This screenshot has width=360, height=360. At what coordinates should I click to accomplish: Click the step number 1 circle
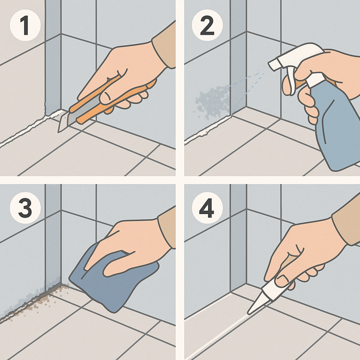(25, 25)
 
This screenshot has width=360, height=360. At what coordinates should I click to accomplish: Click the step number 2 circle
(207, 25)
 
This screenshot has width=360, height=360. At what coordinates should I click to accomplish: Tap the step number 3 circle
(25, 208)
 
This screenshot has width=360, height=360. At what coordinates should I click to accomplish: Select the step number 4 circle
(207, 208)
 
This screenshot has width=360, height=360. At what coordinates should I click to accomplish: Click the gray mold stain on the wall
(212, 101)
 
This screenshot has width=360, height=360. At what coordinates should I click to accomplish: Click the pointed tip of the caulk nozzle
(248, 313)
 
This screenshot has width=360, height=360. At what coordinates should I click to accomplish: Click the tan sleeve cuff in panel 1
(163, 46)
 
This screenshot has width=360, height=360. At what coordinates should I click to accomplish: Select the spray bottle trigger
(290, 81)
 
